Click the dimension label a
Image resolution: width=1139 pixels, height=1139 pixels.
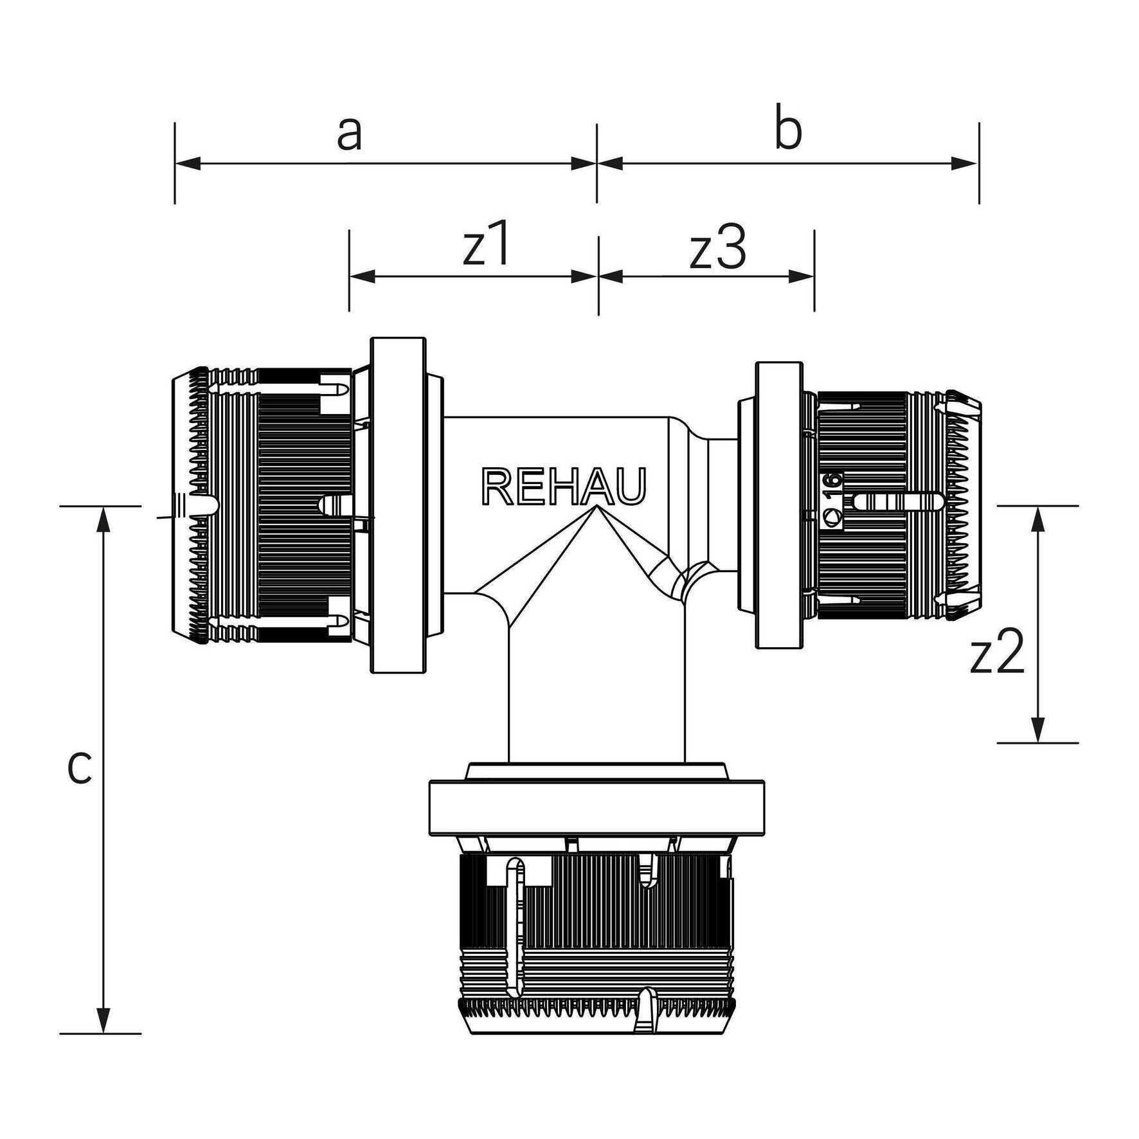coord(349,134)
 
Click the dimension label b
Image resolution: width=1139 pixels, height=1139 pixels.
coord(788,130)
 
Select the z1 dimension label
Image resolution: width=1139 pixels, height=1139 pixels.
coord(487,245)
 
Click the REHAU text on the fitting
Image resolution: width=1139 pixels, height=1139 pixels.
coord(563,487)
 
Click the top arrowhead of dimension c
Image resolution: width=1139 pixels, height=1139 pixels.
coord(102,519)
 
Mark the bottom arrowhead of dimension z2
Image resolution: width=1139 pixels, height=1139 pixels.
coord(1036,730)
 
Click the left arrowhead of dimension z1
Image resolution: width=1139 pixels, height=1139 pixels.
coord(363,276)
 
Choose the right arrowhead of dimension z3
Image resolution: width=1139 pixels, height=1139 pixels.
coord(801,276)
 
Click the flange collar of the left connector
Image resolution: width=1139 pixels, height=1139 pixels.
coord(399,505)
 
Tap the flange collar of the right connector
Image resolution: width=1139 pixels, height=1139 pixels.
coord(779,505)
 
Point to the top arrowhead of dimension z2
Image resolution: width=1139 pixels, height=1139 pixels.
coord(1036,519)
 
